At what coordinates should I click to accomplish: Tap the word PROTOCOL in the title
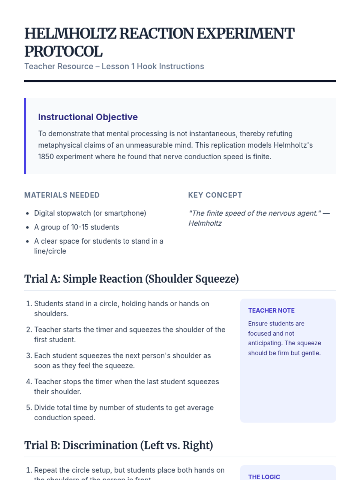point(63,52)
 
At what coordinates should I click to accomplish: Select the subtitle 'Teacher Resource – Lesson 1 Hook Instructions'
point(114,66)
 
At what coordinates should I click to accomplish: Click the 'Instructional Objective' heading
point(88,117)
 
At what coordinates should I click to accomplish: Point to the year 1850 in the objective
point(46,157)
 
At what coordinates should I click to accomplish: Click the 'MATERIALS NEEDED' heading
point(62,195)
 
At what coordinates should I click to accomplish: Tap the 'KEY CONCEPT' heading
point(215,195)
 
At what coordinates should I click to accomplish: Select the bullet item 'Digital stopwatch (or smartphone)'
point(90,213)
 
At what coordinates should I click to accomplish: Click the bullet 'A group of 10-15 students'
point(76,227)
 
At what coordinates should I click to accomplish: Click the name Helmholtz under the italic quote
point(205,223)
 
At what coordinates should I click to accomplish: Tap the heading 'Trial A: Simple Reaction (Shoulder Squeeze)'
point(131,279)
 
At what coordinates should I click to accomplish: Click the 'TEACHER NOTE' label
point(271,310)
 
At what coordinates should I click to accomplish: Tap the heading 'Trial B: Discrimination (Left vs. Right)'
point(118,445)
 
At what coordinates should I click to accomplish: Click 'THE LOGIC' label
point(264,477)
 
